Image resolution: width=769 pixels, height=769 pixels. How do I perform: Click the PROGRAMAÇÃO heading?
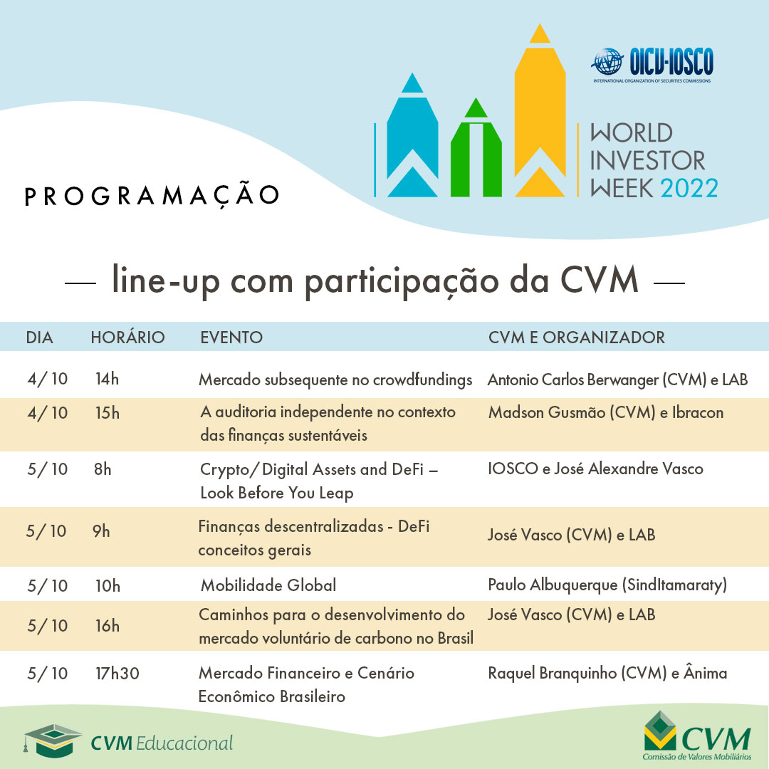tap(152, 196)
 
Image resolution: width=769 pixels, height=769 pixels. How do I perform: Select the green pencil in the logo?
tap(475, 150)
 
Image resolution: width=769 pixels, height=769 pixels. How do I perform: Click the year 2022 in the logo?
tap(689, 187)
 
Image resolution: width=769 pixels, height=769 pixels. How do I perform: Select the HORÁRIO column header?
tap(127, 337)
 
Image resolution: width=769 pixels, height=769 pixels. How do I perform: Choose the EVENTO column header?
tap(231, 337)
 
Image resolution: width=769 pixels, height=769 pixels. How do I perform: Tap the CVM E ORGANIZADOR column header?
tap(577, 337)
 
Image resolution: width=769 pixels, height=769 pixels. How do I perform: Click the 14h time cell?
tap(107, 379)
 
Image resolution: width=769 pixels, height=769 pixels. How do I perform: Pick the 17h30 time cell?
tap(117, 673)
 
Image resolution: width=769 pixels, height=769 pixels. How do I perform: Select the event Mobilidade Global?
tap(268, 585)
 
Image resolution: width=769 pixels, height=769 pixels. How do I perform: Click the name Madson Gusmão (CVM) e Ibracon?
tap(605, 412)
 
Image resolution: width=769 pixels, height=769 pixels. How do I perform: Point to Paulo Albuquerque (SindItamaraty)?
tap(607, 585)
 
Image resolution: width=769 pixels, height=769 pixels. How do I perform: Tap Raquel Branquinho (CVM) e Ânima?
tap(607, 673)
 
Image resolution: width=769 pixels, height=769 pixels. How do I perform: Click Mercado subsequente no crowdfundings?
tap(335, 380)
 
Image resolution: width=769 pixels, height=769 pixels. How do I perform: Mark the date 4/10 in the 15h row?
tap(47, 412)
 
